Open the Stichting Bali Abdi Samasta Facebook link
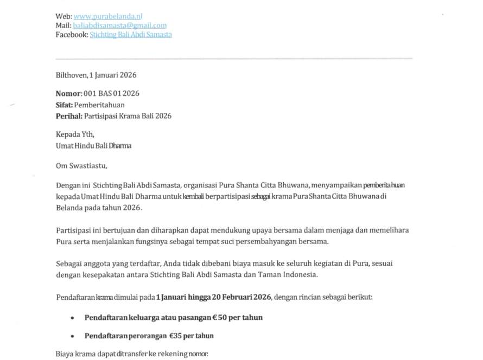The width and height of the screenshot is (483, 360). click(x=131, y=34)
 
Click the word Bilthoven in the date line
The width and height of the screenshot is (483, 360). click(x=71, y=75)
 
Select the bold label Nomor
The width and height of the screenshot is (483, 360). click(x=68, y=93)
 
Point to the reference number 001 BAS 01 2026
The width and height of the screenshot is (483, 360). click(x=111, y=93)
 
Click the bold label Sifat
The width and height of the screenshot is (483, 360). click(x=64, y=105)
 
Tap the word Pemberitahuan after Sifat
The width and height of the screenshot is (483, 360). click(x=99, y=105)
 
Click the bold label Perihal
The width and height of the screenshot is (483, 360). click(x=69, y=116)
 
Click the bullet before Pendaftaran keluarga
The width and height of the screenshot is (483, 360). click(x=72, y=318)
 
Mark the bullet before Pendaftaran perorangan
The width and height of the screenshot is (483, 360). click(x=72, y=336)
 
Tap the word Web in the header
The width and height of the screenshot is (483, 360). click(x=63, y=16)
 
